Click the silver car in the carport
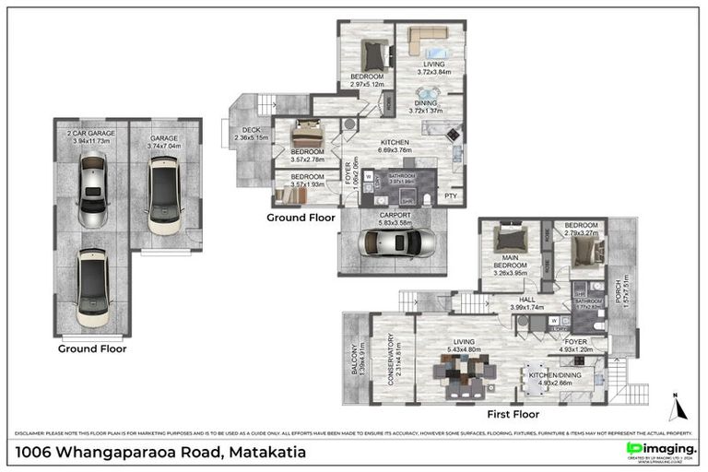coord(396,243)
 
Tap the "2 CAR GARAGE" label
coord(90,134)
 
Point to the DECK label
coord(252,130)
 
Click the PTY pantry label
coord(452,195)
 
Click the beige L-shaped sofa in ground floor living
coord(425,40)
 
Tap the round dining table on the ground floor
coord(427,92)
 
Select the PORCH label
coord(621,293)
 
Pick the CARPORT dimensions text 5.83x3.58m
coord(393,222)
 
